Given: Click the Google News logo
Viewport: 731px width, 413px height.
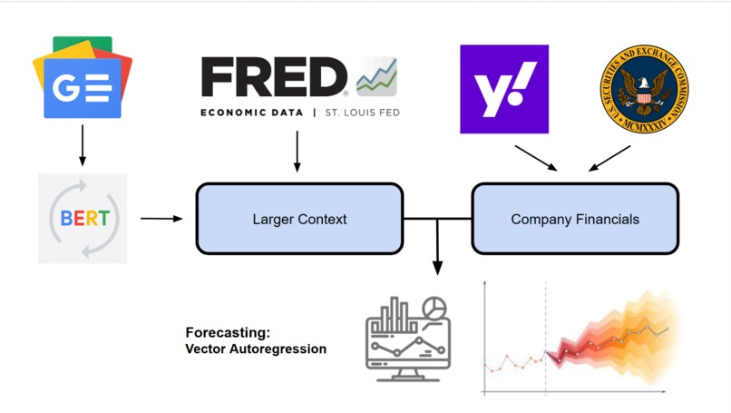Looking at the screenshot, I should tap(83, 79).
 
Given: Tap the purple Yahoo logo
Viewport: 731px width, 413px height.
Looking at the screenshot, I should tap(504, 89).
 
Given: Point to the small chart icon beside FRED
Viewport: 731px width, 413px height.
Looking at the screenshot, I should tap(376, 77).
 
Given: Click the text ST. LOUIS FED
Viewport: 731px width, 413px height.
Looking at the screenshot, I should tap(362, 113).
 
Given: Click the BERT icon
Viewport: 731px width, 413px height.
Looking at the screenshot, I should tap(83, 219).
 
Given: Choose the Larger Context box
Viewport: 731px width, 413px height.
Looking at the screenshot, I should tap(299, 219).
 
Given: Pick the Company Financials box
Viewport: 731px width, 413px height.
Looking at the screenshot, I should tap(575, 219).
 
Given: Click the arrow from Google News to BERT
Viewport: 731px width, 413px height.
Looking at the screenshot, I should tap(83, 145).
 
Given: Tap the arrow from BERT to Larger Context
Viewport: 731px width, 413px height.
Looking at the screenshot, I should tap(161, 219).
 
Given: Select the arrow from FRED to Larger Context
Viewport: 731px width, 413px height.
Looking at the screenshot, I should tap(297, 152).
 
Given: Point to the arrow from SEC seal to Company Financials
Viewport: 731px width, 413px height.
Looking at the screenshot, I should tap(609, 158).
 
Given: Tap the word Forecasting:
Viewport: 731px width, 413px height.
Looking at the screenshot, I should tap(228, 333).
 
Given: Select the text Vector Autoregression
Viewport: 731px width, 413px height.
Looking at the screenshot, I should tap(256, 349).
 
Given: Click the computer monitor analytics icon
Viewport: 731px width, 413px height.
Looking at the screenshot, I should tap(407, 338).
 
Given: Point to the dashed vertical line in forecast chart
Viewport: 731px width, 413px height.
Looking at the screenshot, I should tap(545, 336).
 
